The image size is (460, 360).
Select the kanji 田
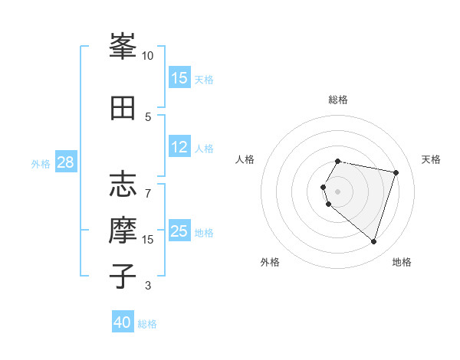(x=123, y=108)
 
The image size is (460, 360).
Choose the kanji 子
(x=123, y=277)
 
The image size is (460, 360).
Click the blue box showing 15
(x=179, y=78)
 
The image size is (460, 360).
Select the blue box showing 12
(x=179, y=147)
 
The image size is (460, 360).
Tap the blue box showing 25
(x=179, y=231)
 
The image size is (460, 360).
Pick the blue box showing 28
(x=65, y=162)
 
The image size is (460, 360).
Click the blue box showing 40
(x=123, y=322)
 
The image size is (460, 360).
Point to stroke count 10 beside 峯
(x=147, y=55)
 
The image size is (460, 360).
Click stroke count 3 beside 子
(x=148, y=286)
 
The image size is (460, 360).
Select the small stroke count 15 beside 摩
(x=148, y=239)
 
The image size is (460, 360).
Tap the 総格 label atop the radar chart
(x=338, y=100)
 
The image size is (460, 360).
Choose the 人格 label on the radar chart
(x=245, y=159)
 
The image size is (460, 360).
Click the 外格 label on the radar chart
(x=270, y=262)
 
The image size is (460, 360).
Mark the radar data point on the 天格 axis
(x=396, y=172)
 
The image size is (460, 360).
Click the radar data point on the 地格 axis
(x=373, y=242)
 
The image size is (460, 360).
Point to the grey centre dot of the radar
(x=338, y=191)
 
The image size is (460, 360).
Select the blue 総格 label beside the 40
(x=147, y=324)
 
